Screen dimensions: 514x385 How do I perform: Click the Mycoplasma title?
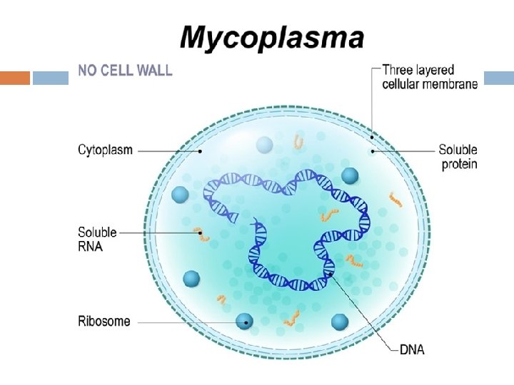(272, 37)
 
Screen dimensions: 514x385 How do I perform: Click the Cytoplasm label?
(105, 150)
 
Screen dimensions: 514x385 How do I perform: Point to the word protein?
(458, 164)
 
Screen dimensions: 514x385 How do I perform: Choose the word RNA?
(90, 246)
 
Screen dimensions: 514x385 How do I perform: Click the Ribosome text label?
(104, 321)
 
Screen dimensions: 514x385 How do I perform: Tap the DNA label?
(412, 349)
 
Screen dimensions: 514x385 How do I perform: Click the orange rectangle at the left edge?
(15, 78)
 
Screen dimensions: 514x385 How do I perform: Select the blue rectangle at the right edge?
(499, 78)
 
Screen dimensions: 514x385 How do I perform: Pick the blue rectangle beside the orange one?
(51, 78)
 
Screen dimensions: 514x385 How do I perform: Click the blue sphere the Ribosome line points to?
(244, 322)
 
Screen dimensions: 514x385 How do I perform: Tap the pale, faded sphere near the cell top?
(265, 145)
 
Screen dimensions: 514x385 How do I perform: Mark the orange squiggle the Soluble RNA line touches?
(202, 232)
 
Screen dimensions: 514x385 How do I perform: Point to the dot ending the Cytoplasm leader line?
(201, 151)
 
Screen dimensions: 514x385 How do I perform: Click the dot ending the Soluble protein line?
(371, 151)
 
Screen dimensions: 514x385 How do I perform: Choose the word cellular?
(405, 84)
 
